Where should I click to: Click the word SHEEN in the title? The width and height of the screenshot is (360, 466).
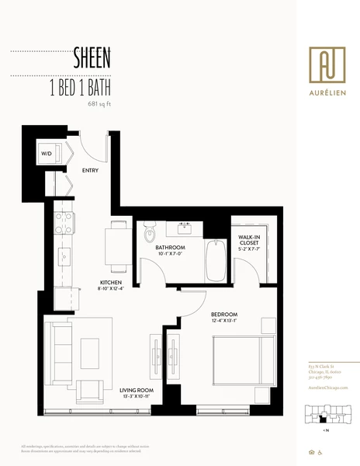coord(92,57)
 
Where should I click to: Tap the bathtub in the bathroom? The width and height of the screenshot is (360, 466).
coord(215,259)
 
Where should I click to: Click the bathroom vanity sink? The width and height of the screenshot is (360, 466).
coord(185,228)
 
